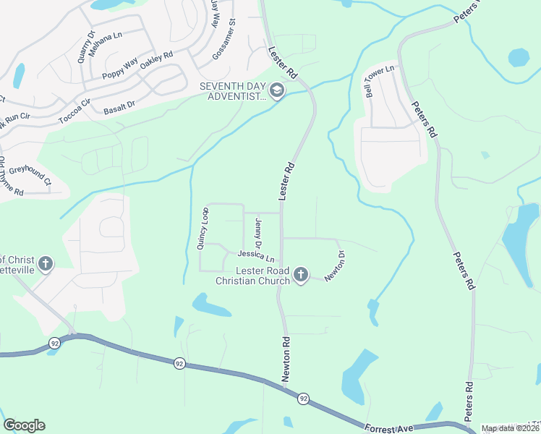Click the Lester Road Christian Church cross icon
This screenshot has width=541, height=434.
[x=301, y=275]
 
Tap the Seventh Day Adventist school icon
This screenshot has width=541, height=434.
[x=277, y=91]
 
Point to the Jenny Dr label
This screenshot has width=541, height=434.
[x=257, y=234]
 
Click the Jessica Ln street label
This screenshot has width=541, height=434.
[x=257, y=255]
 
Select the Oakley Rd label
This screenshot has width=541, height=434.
[x=157, y=60]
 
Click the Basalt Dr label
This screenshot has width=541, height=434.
[x=119, y=107]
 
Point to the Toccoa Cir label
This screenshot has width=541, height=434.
[x=74, y=111]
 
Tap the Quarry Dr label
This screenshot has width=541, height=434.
[x=87, y=45]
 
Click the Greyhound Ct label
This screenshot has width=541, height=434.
[x=31, y=174]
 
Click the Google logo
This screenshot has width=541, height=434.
[x=24, y=425]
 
